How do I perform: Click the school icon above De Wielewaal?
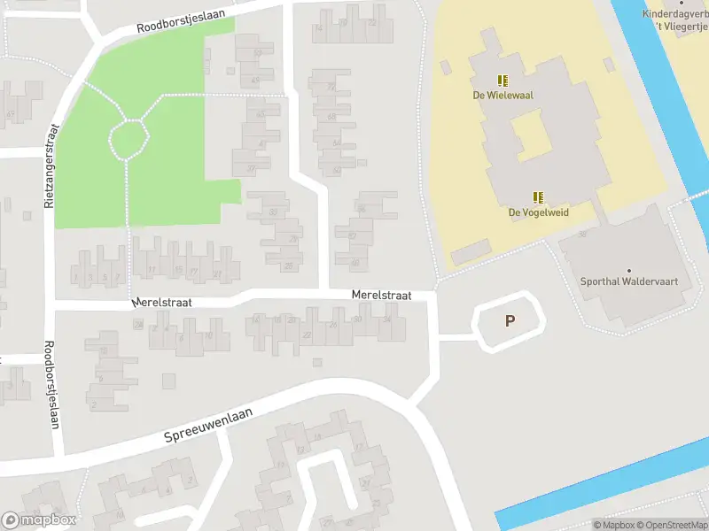coord(503,80)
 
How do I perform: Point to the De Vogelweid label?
coord(538,212)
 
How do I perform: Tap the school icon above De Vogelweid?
coord(538,197)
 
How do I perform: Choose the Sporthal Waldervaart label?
coord(629,282)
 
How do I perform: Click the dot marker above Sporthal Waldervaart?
coord(629,270)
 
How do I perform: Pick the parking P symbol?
coord(510,321)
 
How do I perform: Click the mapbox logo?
coord(39,520)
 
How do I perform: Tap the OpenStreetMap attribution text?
coord(673,525)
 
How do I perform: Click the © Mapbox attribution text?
coord(614,525)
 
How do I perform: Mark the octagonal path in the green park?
coord(128,139)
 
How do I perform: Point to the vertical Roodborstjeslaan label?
coord(52,385)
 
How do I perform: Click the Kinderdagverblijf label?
coord(678,14)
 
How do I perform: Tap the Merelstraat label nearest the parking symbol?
coord(381,295)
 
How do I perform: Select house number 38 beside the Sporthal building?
coord(582,234)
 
